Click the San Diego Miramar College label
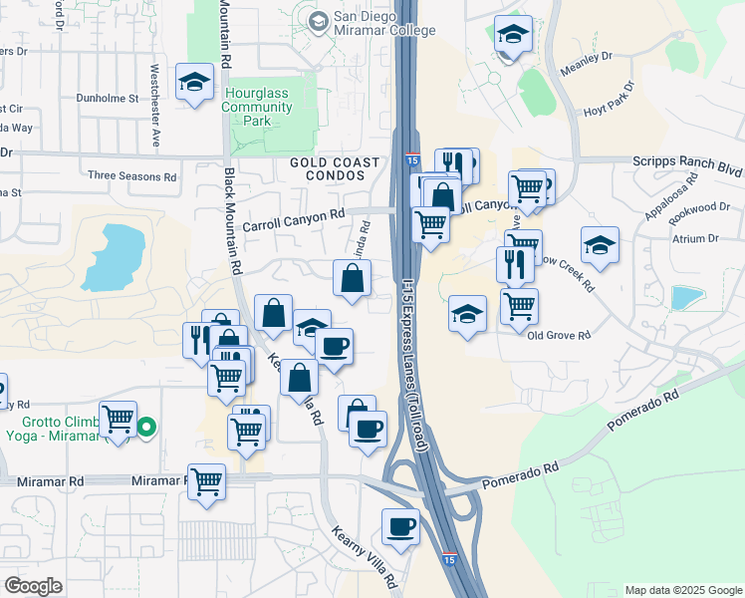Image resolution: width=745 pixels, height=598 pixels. pyautogui.click(x=385, y=24)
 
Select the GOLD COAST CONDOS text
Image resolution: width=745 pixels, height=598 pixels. pyautogui.click(x=335, y=170)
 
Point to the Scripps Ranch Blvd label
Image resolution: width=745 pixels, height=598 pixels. pyautogui.click(x=687, y=160)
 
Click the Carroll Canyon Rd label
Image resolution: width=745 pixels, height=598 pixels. pyautogui.click(x=294, y=213)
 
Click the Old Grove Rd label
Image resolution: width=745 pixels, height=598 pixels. pyautogui.click(x=560, y=335)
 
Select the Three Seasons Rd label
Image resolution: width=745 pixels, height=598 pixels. pyautogui.click(x=131, y=176)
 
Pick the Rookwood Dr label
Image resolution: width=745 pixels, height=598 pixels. pyautogui.click(x=703, y=206)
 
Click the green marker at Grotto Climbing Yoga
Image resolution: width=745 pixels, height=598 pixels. pyautogui.click(x=146, y=429)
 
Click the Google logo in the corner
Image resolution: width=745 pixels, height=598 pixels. pyautogui.click(x=33, y=586)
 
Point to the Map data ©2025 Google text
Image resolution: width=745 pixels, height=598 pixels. pyautogui.click(x=682, y=590)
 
